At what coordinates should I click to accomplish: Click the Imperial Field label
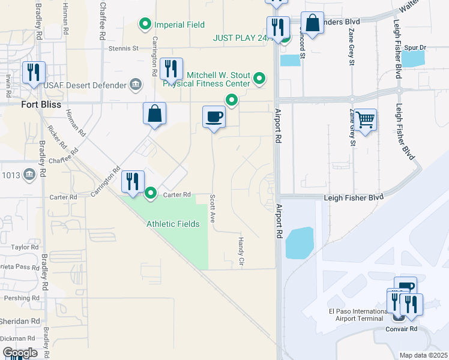pyautogui.click(x=179, y=25)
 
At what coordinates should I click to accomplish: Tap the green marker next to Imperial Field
pyautogui.click(x=145, y=25)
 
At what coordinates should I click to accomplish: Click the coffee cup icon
pyautogui.click(x=214, y=116)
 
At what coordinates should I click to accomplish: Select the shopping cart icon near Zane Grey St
pyautogui.click(x=365, y=120)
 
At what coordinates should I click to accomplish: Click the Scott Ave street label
pyautogui.click(x=213, y=209)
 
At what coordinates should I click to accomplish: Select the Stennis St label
pyautogui.click(x=124, y=48)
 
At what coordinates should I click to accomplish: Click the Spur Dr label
pyautogui.click(x=415, y=47)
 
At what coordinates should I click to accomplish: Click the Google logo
pyautogui.click(x=20, y=353)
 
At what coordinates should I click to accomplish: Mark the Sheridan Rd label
pyautogui.click(x=19, y=321)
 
